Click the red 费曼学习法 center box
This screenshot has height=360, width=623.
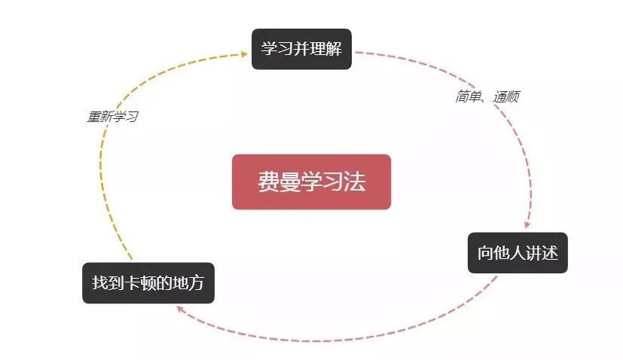[312, 182]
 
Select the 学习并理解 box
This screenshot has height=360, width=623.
[301, 49]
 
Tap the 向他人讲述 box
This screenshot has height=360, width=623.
[518, 253]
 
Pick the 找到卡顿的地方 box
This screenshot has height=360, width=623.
[148, 283]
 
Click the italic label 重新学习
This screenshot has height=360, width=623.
[113, 117]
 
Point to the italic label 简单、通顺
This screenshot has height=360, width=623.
[487, 96]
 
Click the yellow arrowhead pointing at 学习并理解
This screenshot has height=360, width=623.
[244, 54]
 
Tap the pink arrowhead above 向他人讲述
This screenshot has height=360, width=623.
[527, 224]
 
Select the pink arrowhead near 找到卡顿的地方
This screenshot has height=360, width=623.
[181, 309]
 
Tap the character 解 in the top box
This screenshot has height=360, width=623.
[334, 49]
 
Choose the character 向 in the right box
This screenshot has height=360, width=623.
[485, 253]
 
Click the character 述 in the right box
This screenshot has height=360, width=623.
[550, 253]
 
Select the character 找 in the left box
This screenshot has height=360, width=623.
[100, 283]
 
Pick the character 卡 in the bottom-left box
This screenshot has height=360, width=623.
[133, 283]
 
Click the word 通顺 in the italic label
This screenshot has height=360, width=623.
[506, 96]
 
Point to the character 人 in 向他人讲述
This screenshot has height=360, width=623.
[518, 253]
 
